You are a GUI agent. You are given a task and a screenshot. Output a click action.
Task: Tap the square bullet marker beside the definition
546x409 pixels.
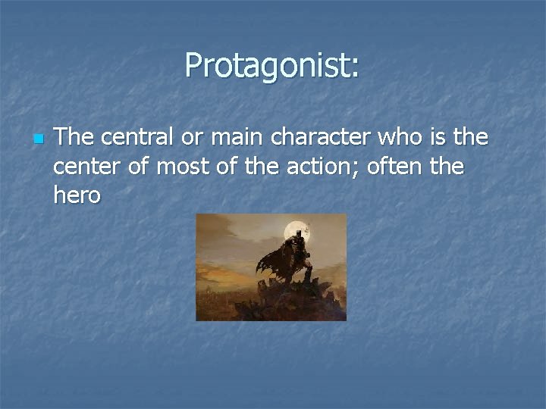point(39,139)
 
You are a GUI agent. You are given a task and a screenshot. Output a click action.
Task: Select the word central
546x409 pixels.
point(128,137)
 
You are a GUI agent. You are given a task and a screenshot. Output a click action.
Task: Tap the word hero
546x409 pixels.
point(77,195)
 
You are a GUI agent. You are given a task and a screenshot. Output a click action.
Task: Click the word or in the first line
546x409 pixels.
point(187,139)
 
